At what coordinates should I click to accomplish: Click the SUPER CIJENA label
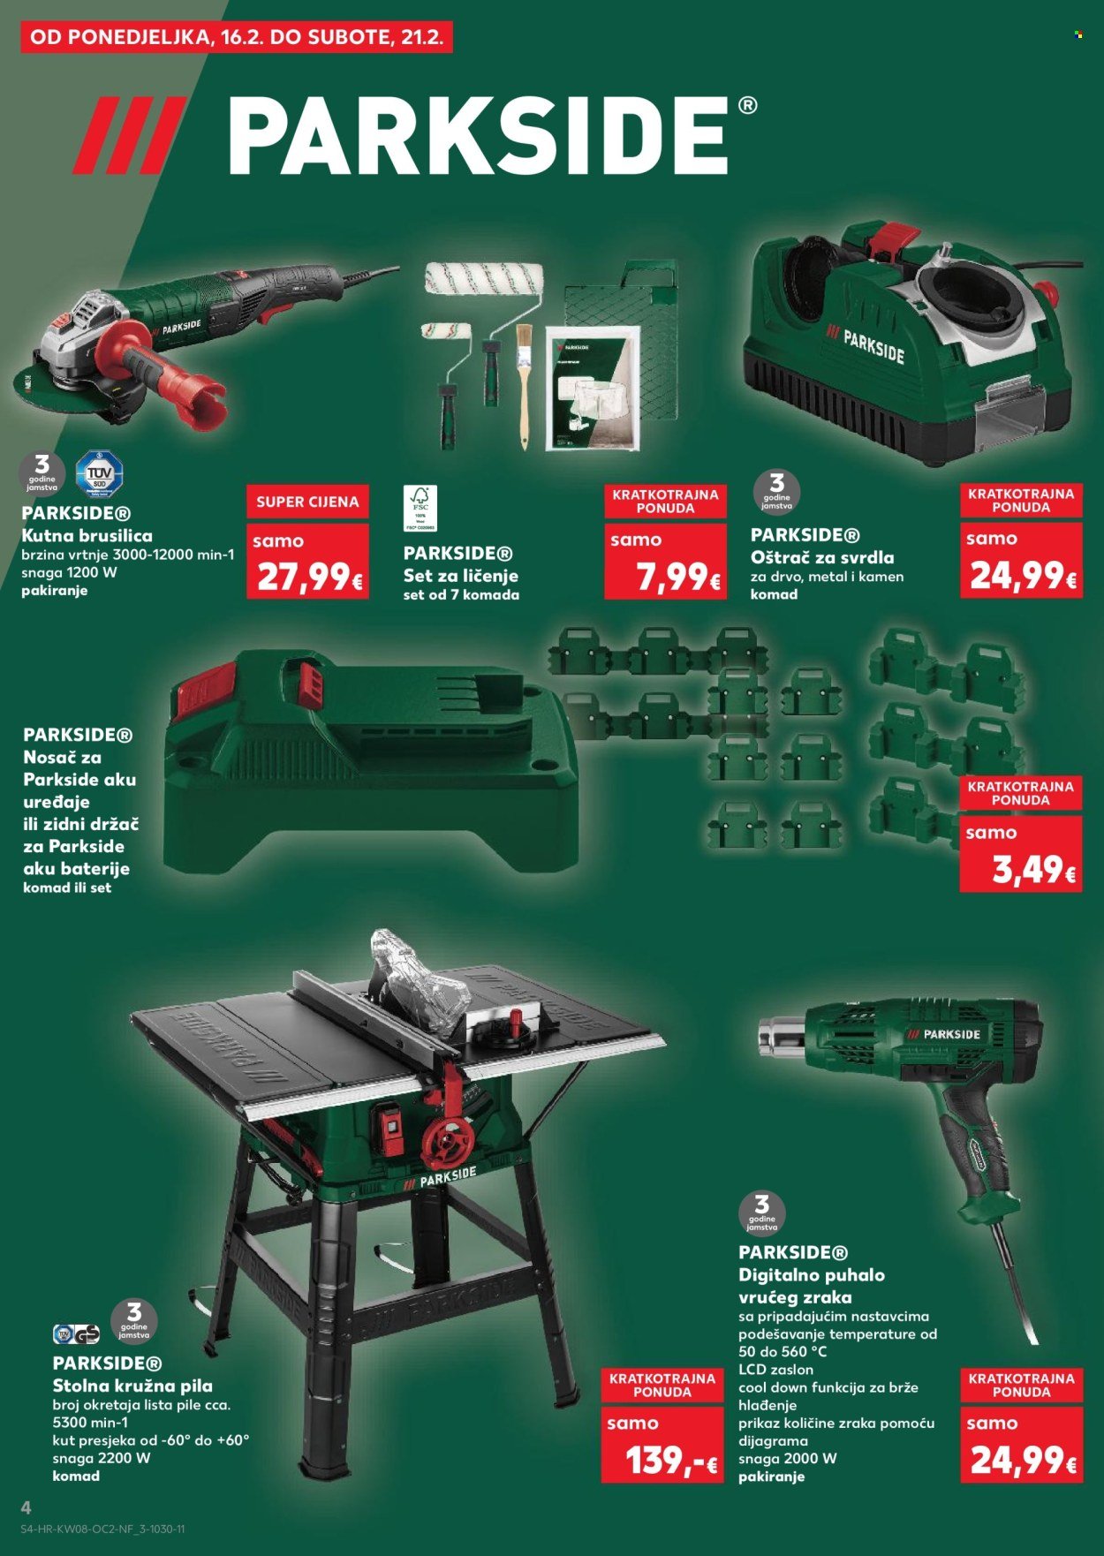(x=307, y=502)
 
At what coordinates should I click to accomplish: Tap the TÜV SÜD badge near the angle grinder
(x=99, y=474)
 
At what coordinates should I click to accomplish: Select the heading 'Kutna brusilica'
(x=87, y=536)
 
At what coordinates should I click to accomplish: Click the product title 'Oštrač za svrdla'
(x=822, y=557)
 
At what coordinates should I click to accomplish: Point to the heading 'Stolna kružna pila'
(x=132, y=1386)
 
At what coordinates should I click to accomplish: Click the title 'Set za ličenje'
(x=460, y=576)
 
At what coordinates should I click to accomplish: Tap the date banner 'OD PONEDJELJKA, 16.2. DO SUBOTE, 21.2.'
(x=237, y=38)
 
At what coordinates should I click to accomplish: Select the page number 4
(x=26, y=1507)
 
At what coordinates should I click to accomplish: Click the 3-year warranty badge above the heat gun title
(x=760, y=1212)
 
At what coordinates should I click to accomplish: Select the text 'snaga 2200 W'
(x=102, y=1458)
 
